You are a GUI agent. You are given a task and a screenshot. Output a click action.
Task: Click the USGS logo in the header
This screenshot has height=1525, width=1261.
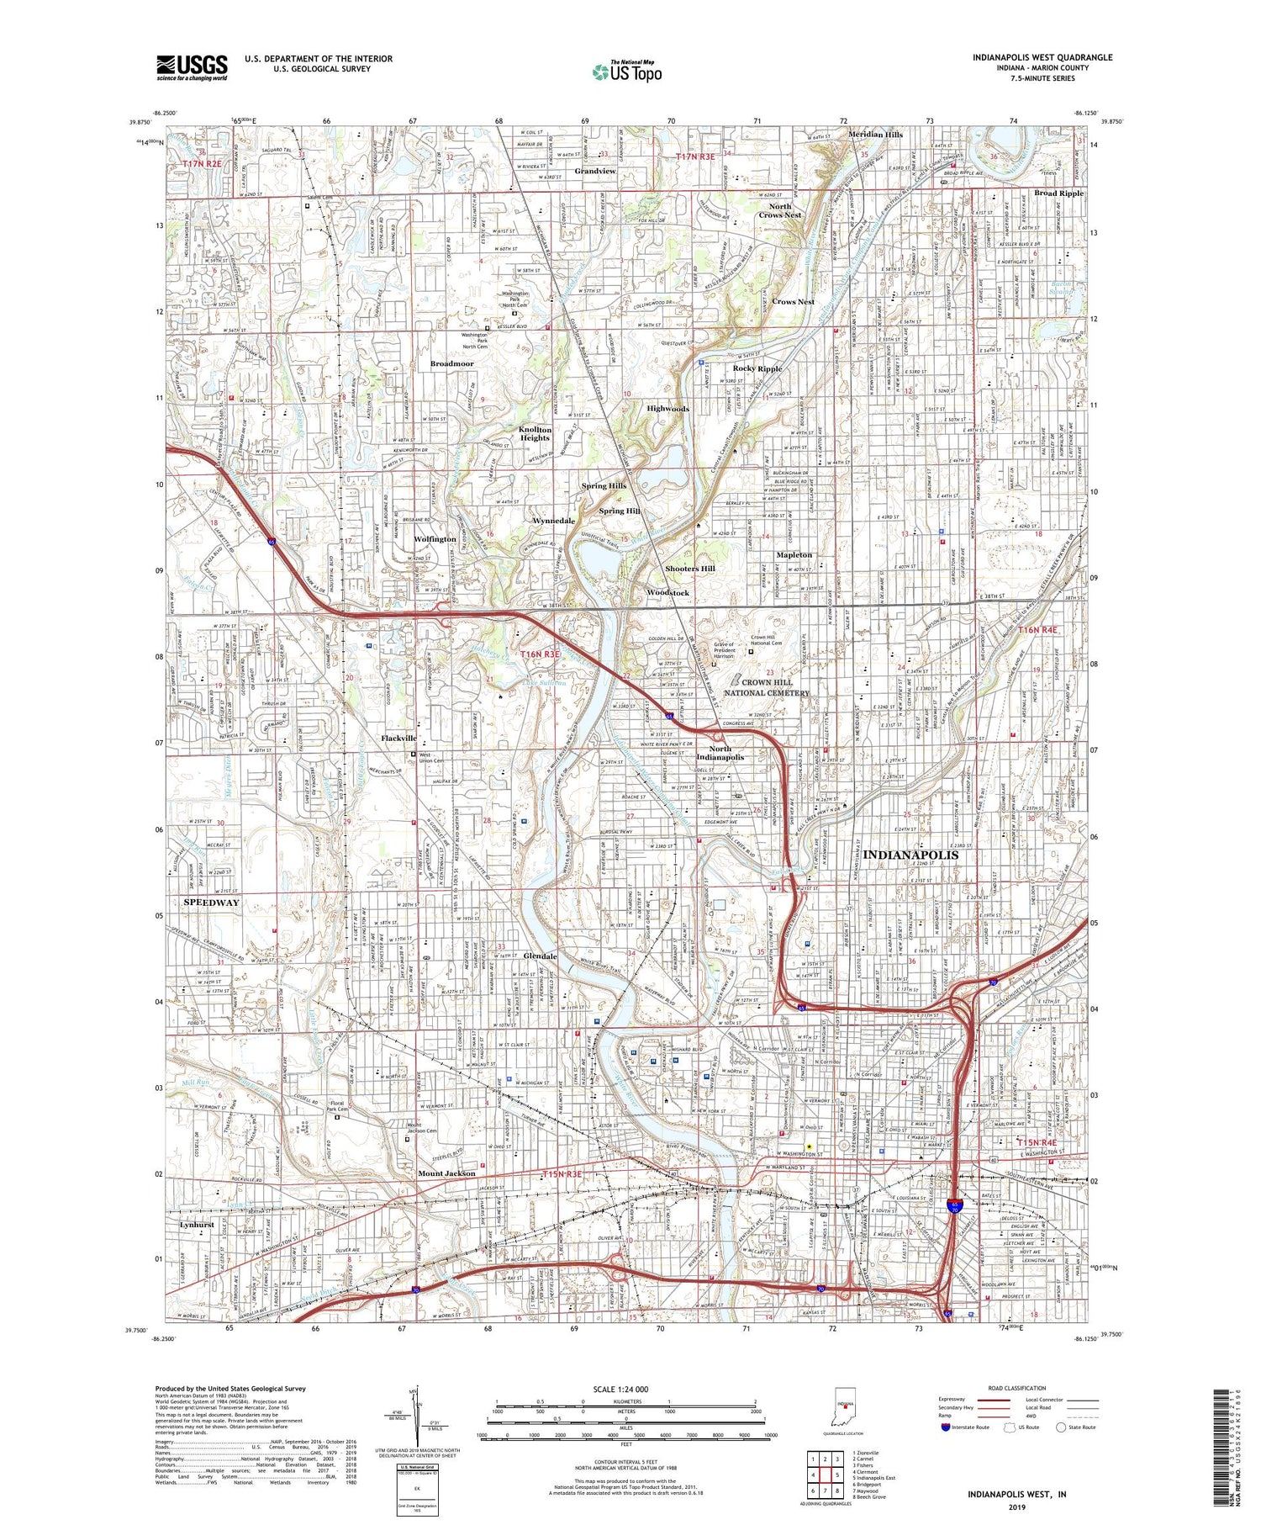coord(192,67)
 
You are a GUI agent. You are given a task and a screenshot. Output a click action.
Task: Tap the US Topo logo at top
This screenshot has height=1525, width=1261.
coord(626,72)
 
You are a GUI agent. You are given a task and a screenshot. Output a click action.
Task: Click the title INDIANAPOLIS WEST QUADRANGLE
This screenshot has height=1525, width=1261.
coord(1042,57)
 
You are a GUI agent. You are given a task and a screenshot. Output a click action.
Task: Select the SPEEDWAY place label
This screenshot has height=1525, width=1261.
coord(211,903)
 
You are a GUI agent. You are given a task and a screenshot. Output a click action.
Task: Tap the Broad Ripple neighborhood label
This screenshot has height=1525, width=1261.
coord(1058,193)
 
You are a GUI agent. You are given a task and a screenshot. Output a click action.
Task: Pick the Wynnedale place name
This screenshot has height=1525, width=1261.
coord(554,521)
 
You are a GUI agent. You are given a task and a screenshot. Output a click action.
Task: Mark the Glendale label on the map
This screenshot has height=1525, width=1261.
coord(541,956)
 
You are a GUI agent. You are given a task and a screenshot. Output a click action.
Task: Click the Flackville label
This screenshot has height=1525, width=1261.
coord(398,738)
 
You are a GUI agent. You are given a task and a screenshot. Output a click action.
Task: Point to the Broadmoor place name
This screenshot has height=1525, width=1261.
coord(452,363)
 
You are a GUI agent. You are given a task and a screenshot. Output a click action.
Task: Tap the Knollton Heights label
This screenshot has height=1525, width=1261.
coord(535,434)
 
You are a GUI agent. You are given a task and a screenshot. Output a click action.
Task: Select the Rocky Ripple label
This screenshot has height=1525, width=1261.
coord(757,368)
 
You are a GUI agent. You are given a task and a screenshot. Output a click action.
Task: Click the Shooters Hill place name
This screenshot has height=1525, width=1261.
coord(690,569)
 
